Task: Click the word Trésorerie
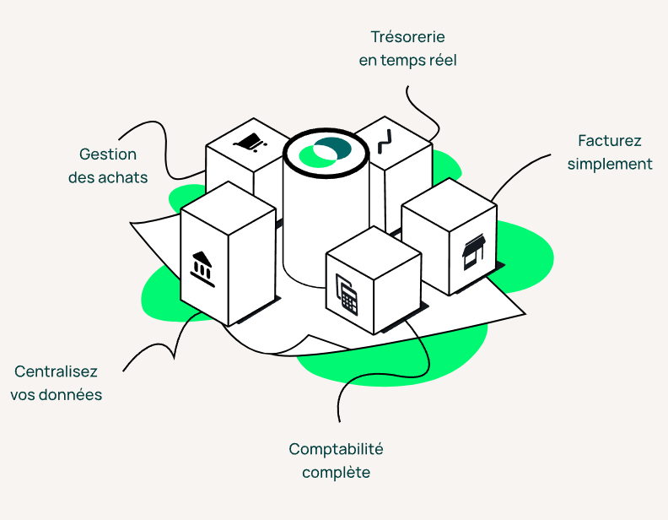407,37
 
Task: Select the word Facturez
610,140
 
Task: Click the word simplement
610,164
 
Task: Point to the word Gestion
108,154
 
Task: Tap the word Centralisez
56,371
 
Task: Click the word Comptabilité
336,449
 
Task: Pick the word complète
336,473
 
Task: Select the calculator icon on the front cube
347,295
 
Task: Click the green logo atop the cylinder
325,152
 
